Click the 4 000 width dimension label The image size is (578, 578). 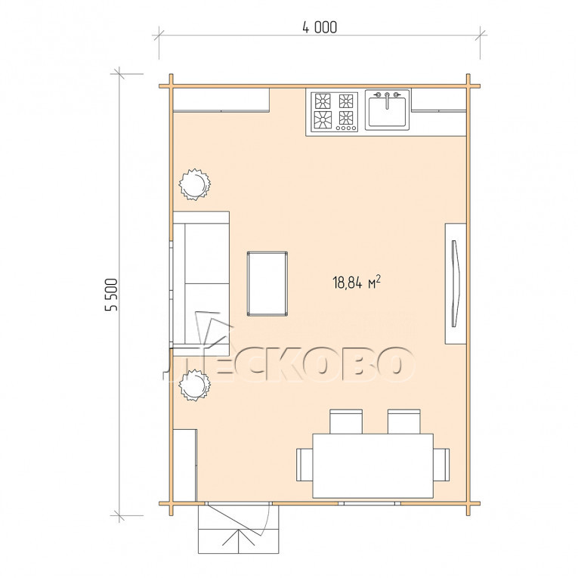point(320,27)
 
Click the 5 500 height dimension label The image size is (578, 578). point(111,295)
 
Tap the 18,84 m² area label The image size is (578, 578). point(357,283)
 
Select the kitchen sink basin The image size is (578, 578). point(387,110)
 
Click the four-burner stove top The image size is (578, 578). point(335,112)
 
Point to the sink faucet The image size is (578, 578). point(387,100)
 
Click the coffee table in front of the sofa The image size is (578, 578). point(267,283)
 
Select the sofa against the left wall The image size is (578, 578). point(201,283)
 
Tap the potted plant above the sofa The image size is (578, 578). point(194,184)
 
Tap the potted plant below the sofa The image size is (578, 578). point(194,385)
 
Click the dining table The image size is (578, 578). point(372,465)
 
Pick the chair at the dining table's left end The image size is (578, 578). point(304,465)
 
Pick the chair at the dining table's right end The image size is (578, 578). point(441,465)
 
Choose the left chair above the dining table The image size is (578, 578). point(346,422)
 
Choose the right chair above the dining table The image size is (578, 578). point(404,422)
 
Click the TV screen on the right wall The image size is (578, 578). point(456,283)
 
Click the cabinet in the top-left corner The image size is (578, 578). point(221,100)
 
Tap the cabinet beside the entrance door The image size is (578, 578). point(184,465)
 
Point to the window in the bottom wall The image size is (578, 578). point(369,503)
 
